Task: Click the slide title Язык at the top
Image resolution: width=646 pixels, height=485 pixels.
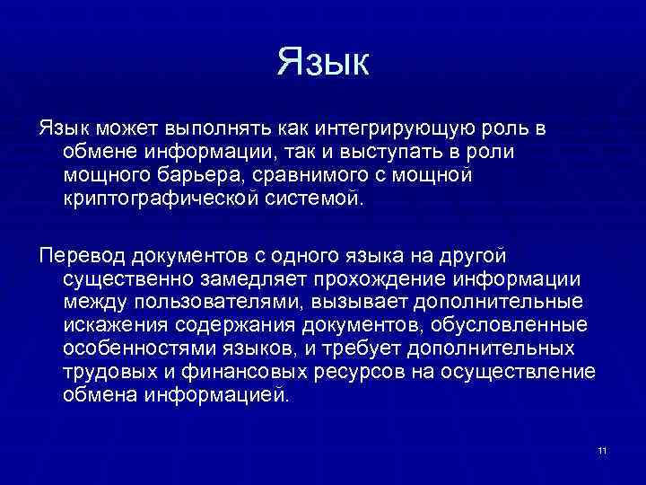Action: (x=323, y=63)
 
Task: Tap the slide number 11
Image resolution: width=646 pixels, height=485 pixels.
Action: (x=601, y=449)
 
